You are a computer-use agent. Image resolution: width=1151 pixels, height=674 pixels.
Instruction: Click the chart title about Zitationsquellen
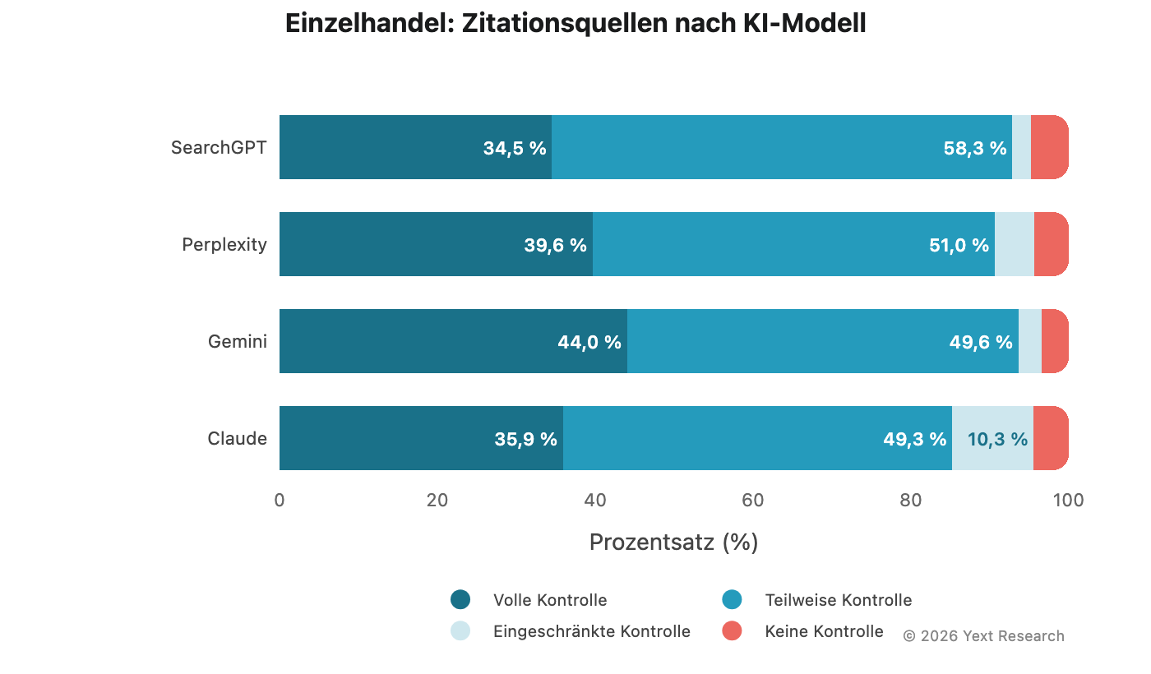[575, 24]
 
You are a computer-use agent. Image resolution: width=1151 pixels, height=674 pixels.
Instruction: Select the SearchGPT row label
[219, 148]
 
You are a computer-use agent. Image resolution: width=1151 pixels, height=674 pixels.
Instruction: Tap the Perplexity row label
[224, 245]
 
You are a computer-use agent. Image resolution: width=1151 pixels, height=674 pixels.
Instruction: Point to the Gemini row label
[238, 342]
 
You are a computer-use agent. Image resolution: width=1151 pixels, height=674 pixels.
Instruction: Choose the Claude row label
[238, 439]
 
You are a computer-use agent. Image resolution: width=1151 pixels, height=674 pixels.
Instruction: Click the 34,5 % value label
[515, 149]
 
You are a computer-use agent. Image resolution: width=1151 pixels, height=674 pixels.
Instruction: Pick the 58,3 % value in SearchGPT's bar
[975, 149]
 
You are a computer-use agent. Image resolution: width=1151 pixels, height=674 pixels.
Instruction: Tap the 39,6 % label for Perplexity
[556, 246]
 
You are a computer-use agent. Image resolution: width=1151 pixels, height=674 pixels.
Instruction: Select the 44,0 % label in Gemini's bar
[589, 343]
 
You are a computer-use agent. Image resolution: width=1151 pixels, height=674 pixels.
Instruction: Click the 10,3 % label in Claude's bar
[997, 440]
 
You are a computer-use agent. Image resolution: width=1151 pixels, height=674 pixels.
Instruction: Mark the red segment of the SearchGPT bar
[1049, 147]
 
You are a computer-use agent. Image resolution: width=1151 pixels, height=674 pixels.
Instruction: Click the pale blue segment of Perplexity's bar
[1015, 244]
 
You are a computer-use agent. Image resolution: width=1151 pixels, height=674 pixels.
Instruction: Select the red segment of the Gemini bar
[1054, 341]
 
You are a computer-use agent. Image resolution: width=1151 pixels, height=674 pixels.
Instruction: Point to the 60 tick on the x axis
[753, 500]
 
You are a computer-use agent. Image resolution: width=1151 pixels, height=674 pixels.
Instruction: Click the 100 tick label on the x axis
[1068, 500]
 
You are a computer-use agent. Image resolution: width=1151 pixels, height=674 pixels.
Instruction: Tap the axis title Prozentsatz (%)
[673, 542]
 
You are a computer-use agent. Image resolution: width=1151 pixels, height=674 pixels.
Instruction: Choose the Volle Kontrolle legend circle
[460, 600]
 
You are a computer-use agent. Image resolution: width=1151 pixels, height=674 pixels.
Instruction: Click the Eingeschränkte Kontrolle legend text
[592, 631]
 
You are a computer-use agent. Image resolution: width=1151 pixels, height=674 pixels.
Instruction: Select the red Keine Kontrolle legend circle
[732, 631]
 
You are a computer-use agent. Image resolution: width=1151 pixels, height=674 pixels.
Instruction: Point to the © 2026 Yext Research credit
[983, 636]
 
